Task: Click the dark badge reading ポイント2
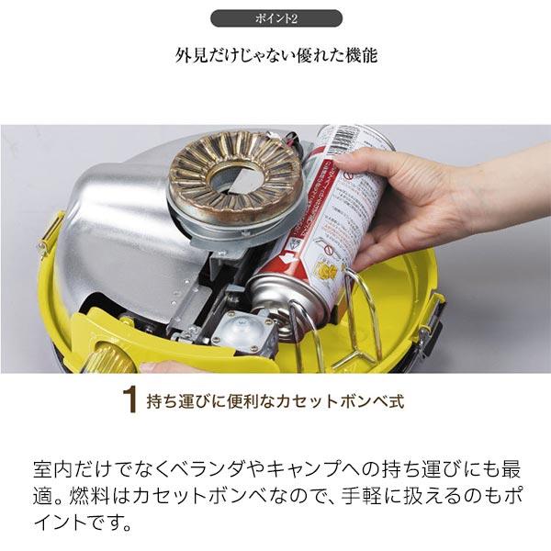click(276, 18)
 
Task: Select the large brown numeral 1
click(129, 399)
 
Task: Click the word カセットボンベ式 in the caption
click(340, 401)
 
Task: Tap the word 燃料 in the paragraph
click(87, 496)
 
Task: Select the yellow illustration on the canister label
click(328, 270)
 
